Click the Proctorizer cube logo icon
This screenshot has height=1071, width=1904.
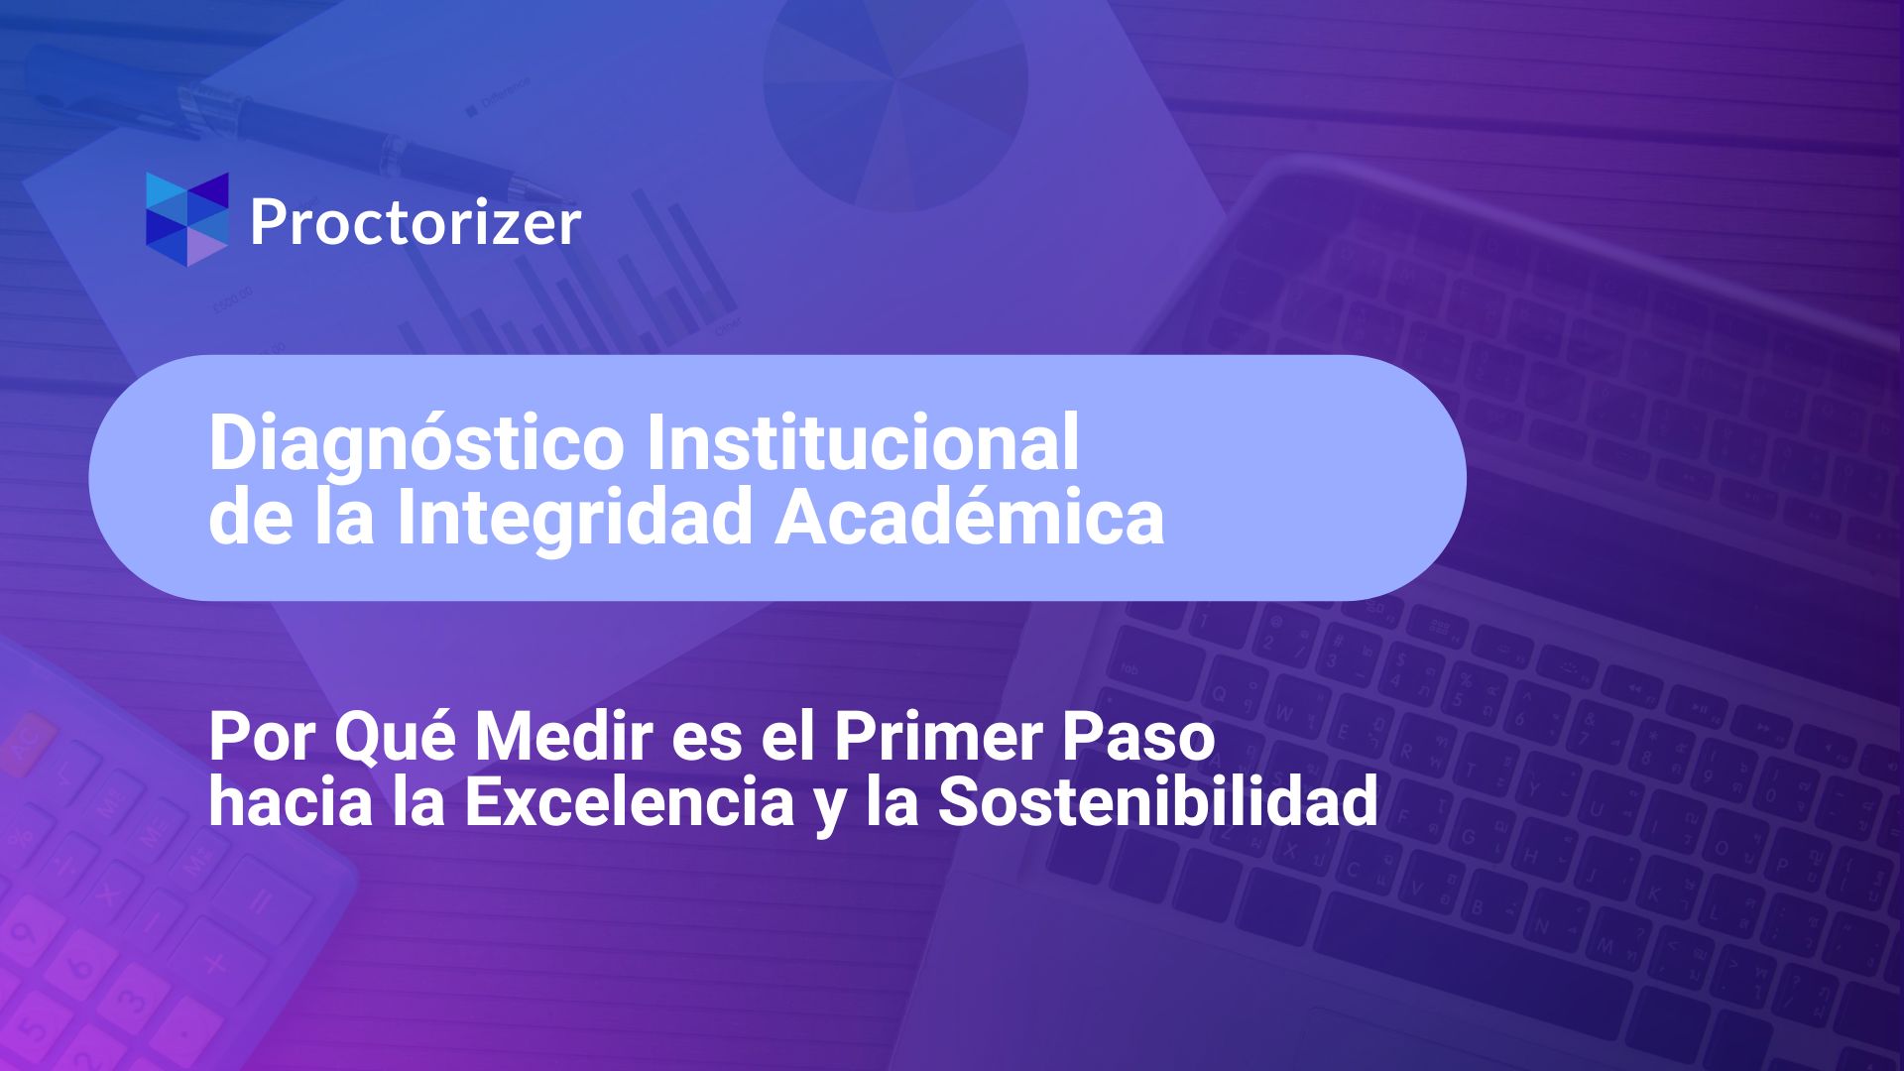186,219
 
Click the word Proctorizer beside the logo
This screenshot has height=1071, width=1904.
415,223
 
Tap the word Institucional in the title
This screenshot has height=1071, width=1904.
863,441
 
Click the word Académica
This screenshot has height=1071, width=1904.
970,516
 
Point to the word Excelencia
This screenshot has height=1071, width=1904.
630,801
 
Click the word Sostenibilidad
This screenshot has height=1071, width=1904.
1158,801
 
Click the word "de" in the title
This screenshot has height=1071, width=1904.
251,518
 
